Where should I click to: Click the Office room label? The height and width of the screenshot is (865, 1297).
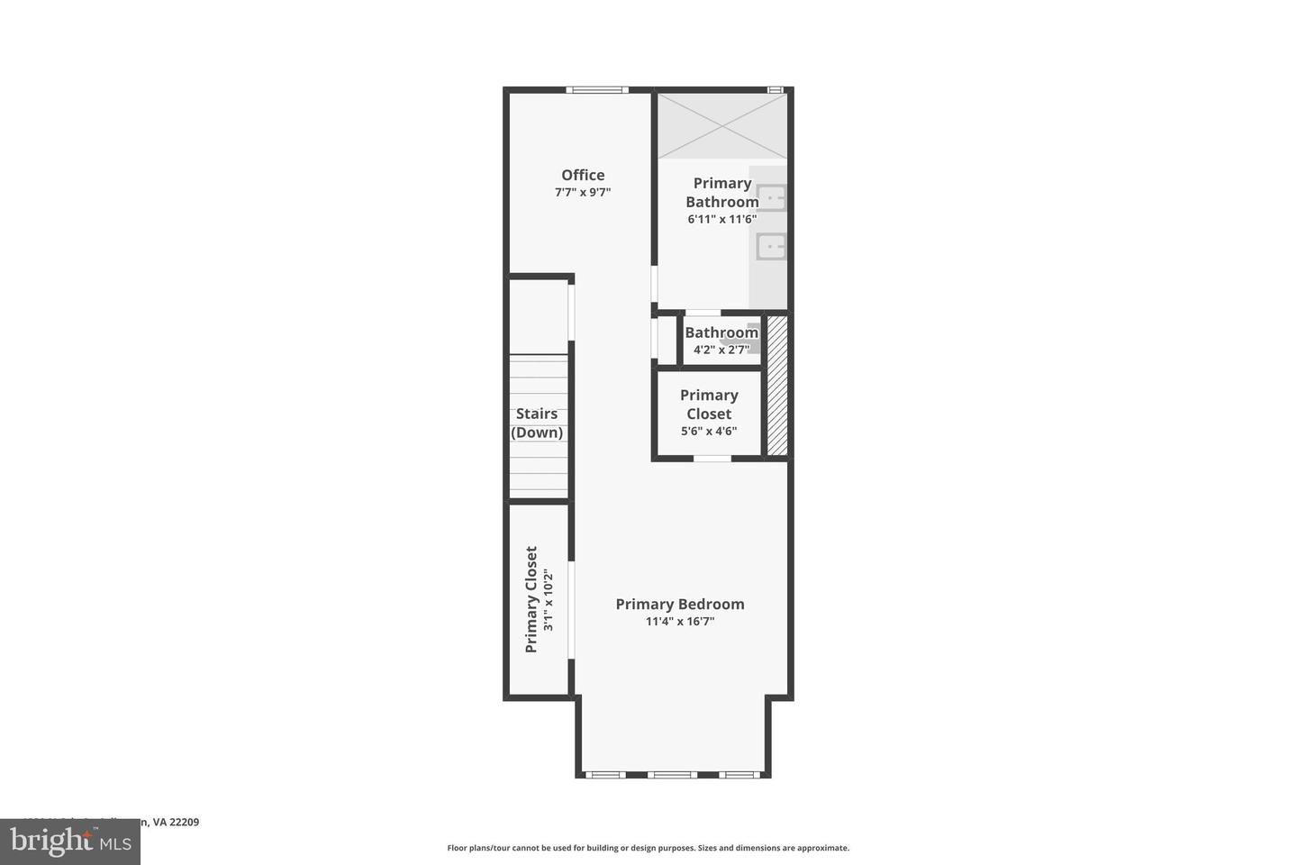pos(583,175)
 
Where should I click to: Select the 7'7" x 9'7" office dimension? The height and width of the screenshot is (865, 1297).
pos(583,192)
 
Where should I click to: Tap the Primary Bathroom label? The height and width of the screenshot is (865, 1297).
pos(721,192)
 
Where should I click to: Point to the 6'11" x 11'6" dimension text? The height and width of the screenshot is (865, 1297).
pos(721,219)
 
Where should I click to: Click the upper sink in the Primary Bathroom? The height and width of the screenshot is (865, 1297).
pos(771,197)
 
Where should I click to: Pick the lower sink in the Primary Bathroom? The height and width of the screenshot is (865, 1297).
pos(771,245)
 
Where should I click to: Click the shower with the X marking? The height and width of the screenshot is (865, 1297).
pos(721,126)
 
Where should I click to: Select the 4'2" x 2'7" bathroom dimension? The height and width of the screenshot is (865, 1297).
pos(721,350)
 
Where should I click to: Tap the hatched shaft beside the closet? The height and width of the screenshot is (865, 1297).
pos(777,385)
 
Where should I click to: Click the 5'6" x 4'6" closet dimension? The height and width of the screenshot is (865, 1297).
pos(709,431)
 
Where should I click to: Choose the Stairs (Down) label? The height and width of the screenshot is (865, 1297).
pos(537,423)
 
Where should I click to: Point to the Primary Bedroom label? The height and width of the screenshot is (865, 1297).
pos(680,604)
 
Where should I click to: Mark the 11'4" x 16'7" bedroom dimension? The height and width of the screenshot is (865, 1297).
pos(680,621)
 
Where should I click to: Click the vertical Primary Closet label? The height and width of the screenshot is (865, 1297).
pos(531,599)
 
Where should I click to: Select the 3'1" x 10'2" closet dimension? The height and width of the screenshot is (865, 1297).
pos(548,599)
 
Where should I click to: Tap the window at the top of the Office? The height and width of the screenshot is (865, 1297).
pos(597,89)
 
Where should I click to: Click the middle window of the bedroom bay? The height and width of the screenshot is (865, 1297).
pos(672,774)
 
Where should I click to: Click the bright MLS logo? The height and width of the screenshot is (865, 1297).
pos(69,842)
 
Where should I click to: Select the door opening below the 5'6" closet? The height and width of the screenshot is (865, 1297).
pos(712,459)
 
